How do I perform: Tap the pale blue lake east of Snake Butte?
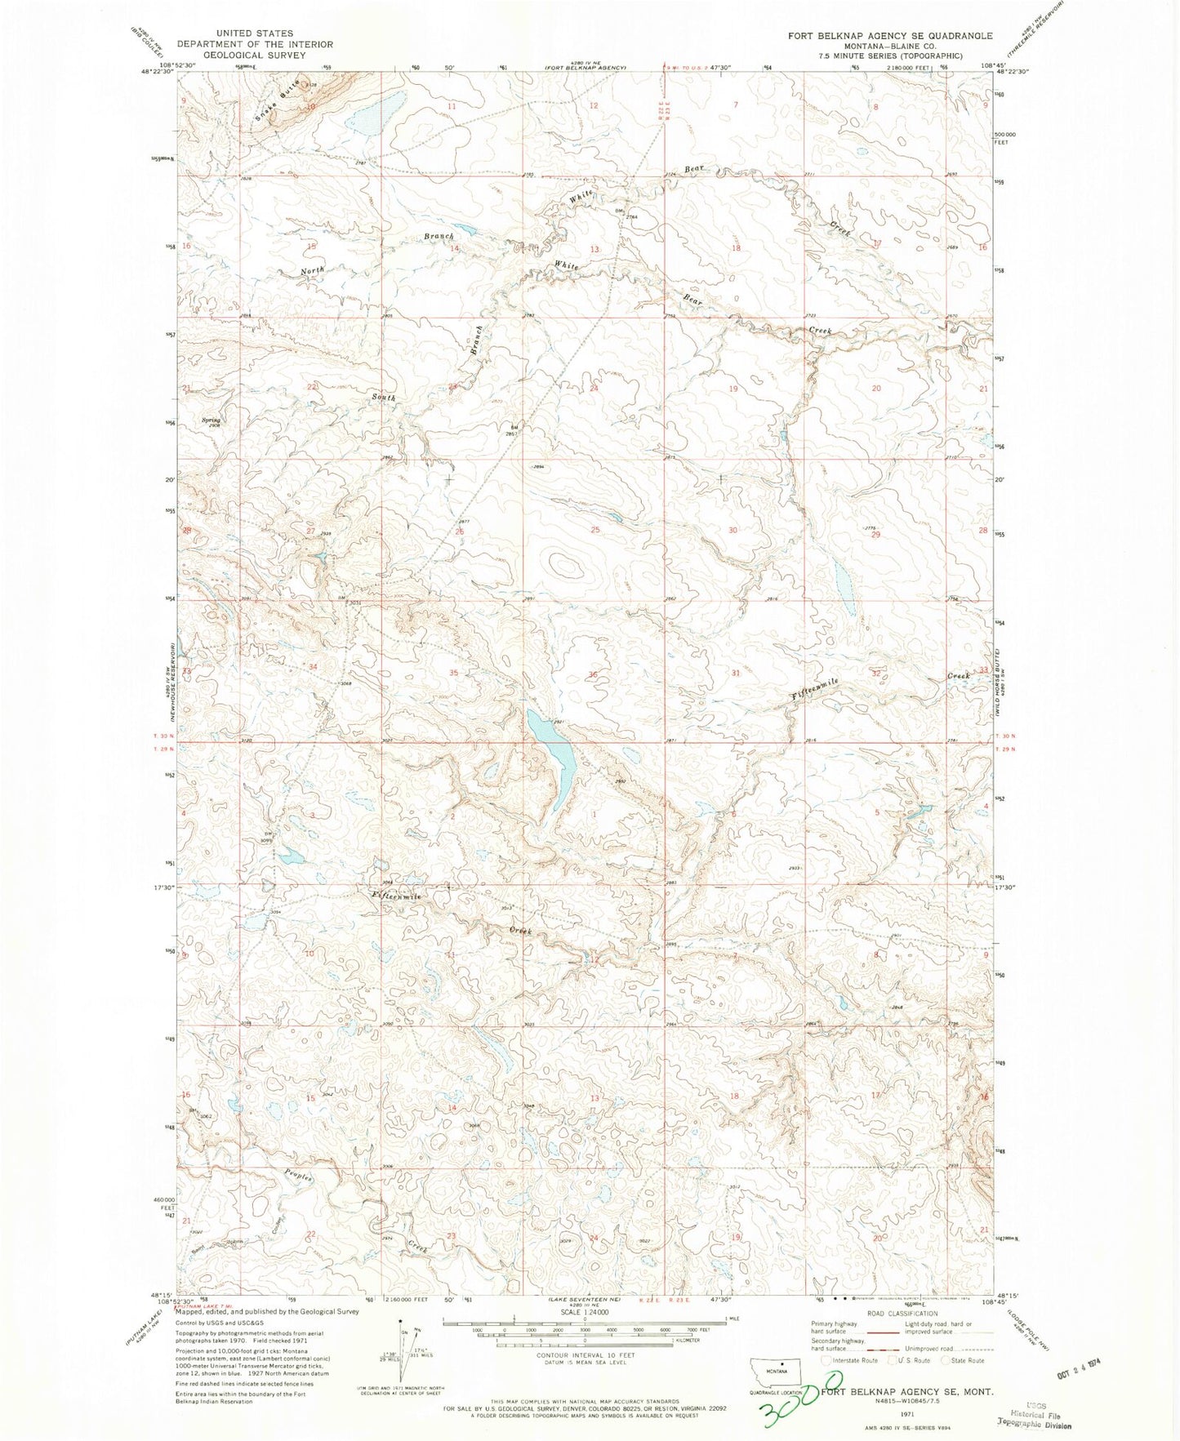pos(375,115)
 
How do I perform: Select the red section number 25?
pos(595,530)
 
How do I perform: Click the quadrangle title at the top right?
pos(889,36)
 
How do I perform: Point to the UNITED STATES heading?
pos(254,34)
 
